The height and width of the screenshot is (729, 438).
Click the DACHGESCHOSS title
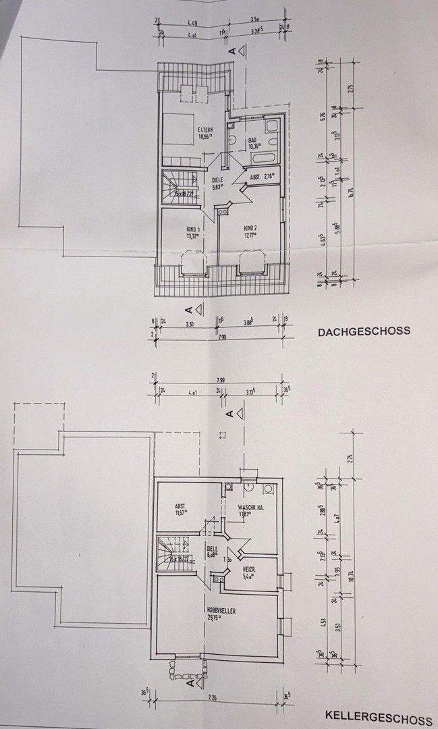[364, 331]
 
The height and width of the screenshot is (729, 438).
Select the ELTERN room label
[205, 130]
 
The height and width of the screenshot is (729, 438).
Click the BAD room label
[252, 140]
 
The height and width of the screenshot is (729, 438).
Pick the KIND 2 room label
[251, 230]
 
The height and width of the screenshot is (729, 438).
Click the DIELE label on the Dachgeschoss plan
[217, 180]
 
